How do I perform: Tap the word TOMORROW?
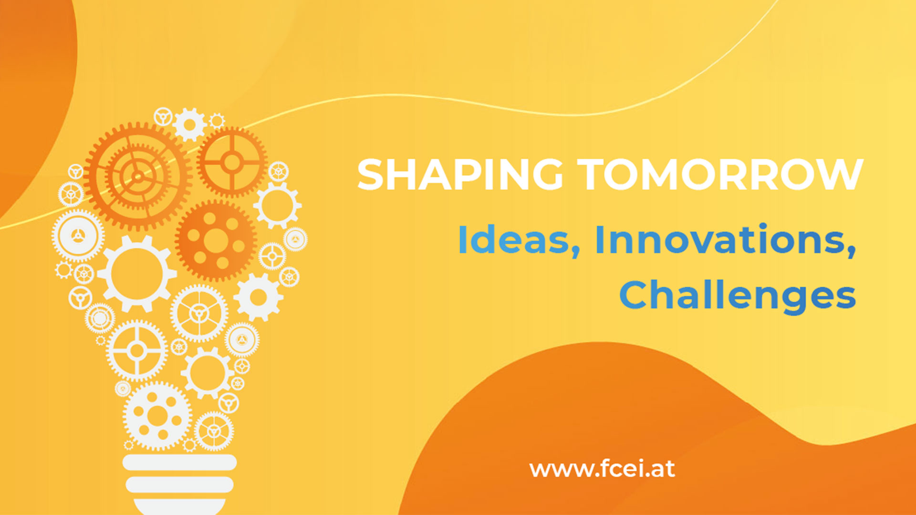[x=720, y=175]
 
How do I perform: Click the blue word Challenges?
[x=737, y=296]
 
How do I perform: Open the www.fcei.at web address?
[x=602, y=469]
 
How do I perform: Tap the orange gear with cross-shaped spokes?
[x=232, y=162]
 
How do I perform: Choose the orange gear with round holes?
[x=216, y=240]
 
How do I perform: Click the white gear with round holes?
[x=157, y=415]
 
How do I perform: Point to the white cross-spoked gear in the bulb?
[x=136, y=350]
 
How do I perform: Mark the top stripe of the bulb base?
[x=179, y=462]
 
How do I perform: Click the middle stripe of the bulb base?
[x=179, y=484]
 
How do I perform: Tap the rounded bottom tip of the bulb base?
[x=179, y=506]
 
